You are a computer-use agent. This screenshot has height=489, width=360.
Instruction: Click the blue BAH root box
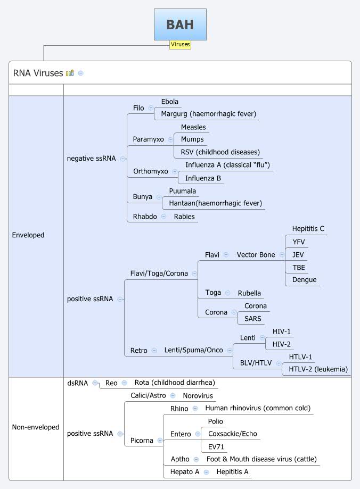(x=180, y=24)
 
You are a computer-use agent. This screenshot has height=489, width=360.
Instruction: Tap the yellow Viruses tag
(x=180, y=45)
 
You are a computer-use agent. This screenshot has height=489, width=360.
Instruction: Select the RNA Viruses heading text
(x=38, y=73)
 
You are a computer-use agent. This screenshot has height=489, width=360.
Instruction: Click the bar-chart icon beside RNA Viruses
(x=70, y=73)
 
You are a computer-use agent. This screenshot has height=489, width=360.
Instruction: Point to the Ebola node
(x=170, y=102)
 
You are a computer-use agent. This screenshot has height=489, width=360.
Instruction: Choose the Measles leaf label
(x=193, y=127)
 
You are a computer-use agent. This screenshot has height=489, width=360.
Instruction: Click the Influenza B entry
(x=203, y=178)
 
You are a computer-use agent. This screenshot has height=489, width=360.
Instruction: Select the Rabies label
(x=184, y=217)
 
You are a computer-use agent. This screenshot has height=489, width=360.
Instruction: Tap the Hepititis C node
(x=308, y=229)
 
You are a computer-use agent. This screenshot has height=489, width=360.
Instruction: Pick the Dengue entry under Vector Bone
(x=304, y=279)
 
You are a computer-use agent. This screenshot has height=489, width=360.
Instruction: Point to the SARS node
(x=252, y=319)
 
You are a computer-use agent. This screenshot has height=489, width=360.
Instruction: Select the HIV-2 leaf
(x=281, y=344)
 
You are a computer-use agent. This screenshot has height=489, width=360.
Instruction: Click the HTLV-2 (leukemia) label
(x=318, y=369)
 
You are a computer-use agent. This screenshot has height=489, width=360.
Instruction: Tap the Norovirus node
(x=198, y=396)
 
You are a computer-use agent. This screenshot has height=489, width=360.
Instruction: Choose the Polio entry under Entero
(x=216, y=421)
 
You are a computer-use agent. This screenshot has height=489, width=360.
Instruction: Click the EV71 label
(x=216, y=446)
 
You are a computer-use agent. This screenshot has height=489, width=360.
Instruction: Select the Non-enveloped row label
(x=35, y=427)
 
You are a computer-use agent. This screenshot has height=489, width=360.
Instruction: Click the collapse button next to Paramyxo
(x=170, y=139)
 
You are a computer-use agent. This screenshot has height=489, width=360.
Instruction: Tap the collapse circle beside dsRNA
(x=95, y=383)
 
